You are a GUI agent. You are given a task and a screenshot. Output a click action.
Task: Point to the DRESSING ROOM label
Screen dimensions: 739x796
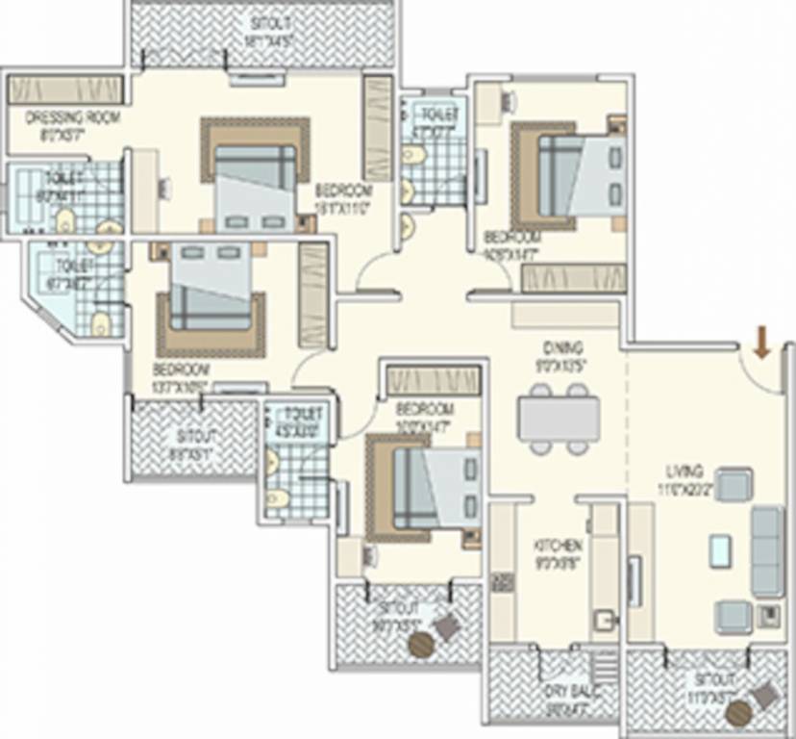[58, 118]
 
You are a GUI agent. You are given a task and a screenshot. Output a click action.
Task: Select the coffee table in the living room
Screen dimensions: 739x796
[719, 549]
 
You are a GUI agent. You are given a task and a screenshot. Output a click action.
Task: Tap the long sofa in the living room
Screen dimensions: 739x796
[767, 551]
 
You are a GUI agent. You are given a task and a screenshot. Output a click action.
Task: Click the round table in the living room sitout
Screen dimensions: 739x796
[738, 714]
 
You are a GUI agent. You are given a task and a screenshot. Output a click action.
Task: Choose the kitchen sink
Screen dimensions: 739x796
[604, 619]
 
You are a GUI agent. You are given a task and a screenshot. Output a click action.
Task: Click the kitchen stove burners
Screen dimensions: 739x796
[502, 582]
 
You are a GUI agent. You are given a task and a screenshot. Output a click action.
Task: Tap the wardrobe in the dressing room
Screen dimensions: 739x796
[64, 89]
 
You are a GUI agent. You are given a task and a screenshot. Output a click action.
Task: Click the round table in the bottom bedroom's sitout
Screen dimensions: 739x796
[420, 645]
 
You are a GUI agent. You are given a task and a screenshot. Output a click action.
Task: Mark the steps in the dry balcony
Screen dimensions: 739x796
[606, 666]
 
